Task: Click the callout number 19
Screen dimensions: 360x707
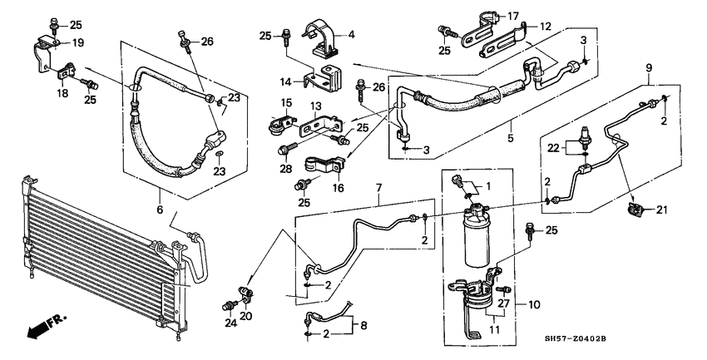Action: (77, 42)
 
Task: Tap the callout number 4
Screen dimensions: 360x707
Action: (351, 34)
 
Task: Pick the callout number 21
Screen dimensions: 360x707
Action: (663, 210)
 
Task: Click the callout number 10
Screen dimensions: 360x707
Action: (534, 305)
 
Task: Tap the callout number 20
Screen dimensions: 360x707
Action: (247, 316)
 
